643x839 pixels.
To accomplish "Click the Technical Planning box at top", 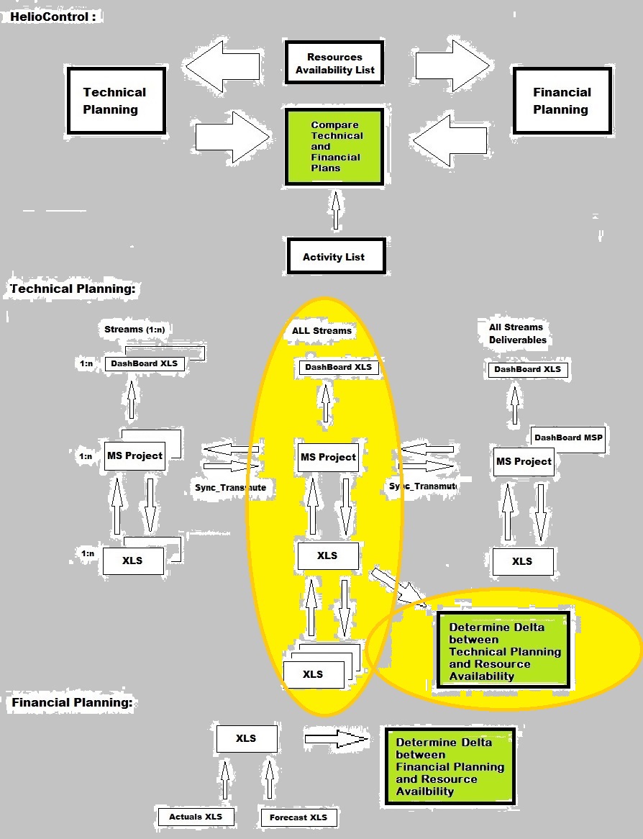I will (x=115, y=101).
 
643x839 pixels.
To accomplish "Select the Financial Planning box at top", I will (x=562, y=101).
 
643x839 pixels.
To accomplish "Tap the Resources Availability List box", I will (x=334, y=63).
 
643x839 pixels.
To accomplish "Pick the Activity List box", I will (x=334, y=256).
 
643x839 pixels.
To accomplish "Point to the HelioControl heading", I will (x=53, y=16).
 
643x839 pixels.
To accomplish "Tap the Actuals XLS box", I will (x=196, y=817).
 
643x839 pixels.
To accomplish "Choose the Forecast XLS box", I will (x=298, y=817).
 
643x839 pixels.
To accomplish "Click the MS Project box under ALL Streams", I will (x=328, y=457).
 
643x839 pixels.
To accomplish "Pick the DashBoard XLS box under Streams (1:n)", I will (x=144, y=363).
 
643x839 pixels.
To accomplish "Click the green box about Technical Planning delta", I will (x=503, y=651).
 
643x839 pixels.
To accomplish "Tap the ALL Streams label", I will (x=321, y=331).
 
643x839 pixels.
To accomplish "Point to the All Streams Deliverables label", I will (x=517, y=333).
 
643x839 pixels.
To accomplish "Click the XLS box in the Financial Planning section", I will (x=246, y=738).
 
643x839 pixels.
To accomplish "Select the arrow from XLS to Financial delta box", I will (x=336, y=738).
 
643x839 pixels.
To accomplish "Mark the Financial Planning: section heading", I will (x=73, y=703).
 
